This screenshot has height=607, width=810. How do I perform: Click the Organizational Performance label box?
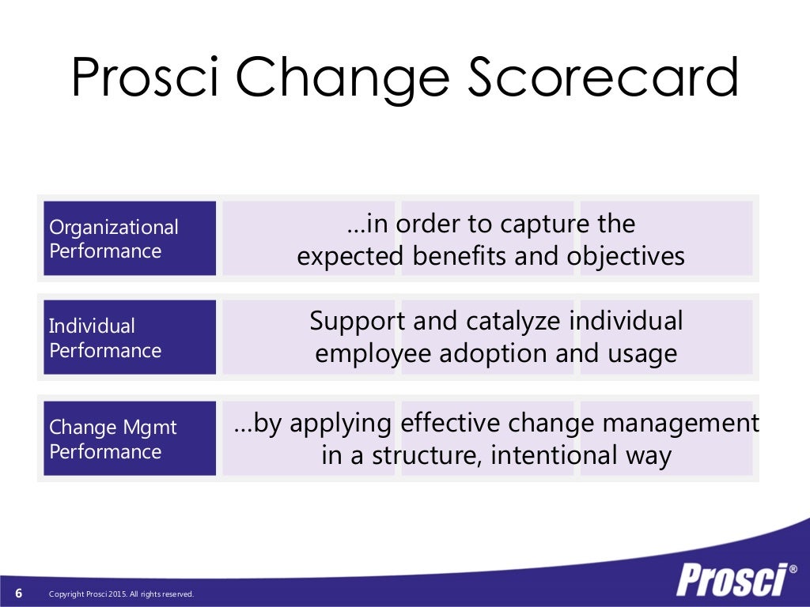tap(129, 239)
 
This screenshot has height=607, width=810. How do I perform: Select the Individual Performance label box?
tap(129, 337)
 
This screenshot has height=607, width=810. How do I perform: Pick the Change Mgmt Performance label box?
tap(129, 439)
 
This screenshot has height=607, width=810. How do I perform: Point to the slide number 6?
tap(19, 594)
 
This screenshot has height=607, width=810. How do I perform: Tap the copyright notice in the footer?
tap(121, 594)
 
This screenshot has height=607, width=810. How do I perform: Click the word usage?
tap(641, 354)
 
